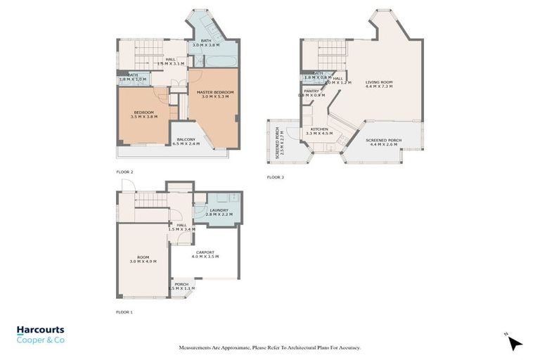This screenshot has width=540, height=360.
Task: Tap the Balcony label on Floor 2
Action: pos(186,141)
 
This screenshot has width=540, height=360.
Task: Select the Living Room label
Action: pos(378,84)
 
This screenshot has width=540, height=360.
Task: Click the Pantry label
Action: pos(311,92)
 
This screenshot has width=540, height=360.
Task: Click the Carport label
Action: pos(205,254)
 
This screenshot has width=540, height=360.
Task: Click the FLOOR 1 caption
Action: pos(124,311)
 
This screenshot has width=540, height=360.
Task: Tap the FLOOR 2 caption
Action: pos(124,172)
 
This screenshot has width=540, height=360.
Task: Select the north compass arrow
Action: pos(515,342)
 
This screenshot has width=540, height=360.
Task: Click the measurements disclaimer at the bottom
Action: pos(270,348)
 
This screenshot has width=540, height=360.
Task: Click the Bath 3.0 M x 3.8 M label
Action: pos(205,43)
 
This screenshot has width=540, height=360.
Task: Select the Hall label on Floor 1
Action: pos(181,227)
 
